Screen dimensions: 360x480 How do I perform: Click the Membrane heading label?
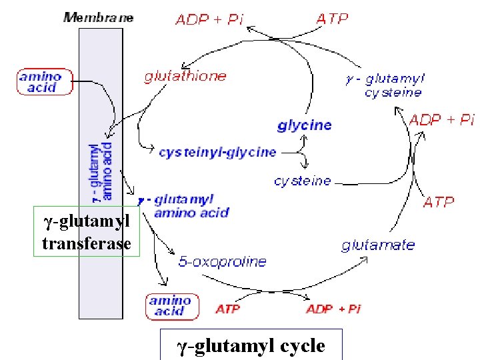point(98,17)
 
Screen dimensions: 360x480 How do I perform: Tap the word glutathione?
point(185,76)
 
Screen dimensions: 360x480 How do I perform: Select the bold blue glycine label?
point(304,125)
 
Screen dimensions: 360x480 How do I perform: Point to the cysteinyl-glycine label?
point(217,152)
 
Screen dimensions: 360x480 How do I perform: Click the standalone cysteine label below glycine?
point(302,181)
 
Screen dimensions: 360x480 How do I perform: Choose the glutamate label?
point(378,245)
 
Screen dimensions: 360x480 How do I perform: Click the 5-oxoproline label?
point(222,262)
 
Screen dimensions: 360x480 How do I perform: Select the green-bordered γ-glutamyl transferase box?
point(87,232)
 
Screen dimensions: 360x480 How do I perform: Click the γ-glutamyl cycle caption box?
point(251,345)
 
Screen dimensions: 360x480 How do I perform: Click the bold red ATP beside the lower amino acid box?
point(227,309)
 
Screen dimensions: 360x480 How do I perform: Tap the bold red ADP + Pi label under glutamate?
point(333,309)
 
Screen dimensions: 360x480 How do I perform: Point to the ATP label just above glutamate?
point(439,201)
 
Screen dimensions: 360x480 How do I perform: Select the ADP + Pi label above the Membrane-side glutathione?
point(209,19)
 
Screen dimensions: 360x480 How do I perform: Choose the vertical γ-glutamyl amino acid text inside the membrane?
point(101,171)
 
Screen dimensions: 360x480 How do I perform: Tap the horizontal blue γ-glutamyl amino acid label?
point(185,206)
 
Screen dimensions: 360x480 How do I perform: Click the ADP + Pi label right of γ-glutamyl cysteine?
point(441,120)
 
